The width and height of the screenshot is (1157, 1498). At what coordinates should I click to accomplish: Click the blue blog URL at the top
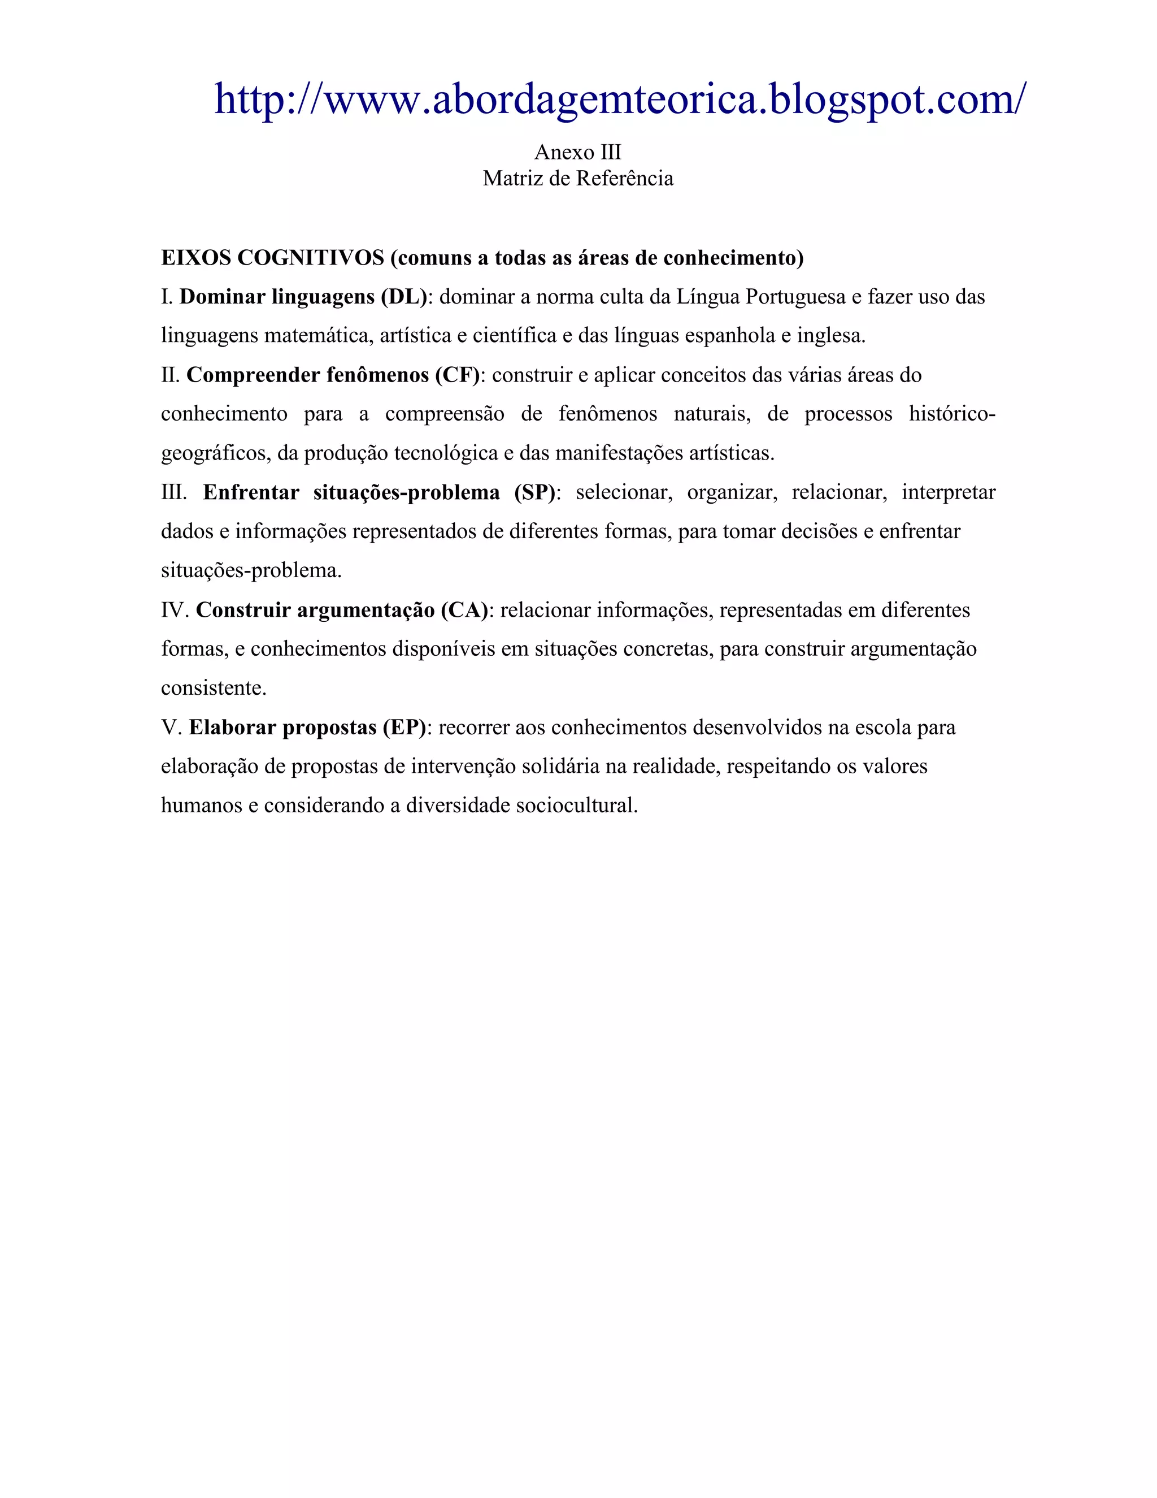point(620,99)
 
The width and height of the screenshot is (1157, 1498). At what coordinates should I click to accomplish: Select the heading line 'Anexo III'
point(578,151)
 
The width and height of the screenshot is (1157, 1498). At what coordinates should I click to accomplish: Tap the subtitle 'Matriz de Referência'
point(578,178)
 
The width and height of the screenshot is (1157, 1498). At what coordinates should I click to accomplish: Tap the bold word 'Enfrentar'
point(251,492)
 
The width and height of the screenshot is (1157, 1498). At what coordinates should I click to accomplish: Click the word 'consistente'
point(213,688)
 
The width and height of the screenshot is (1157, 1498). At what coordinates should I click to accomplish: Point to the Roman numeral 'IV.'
point(175,610)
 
